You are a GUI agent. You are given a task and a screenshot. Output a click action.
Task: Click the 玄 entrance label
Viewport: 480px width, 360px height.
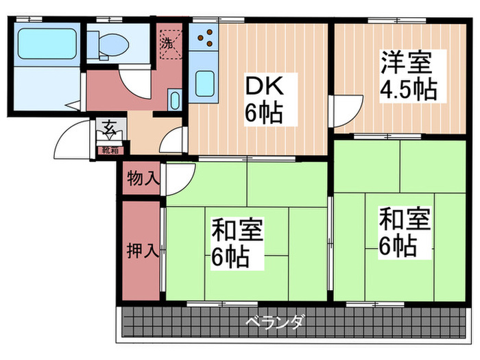pyautogui.click(x=109, y=127)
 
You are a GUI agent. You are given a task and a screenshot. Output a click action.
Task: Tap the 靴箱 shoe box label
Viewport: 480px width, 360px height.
pyautogui.click(x=109, y=148)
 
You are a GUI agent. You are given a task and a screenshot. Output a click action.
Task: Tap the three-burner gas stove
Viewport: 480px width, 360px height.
pyautogui.click(x=202, y=38)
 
